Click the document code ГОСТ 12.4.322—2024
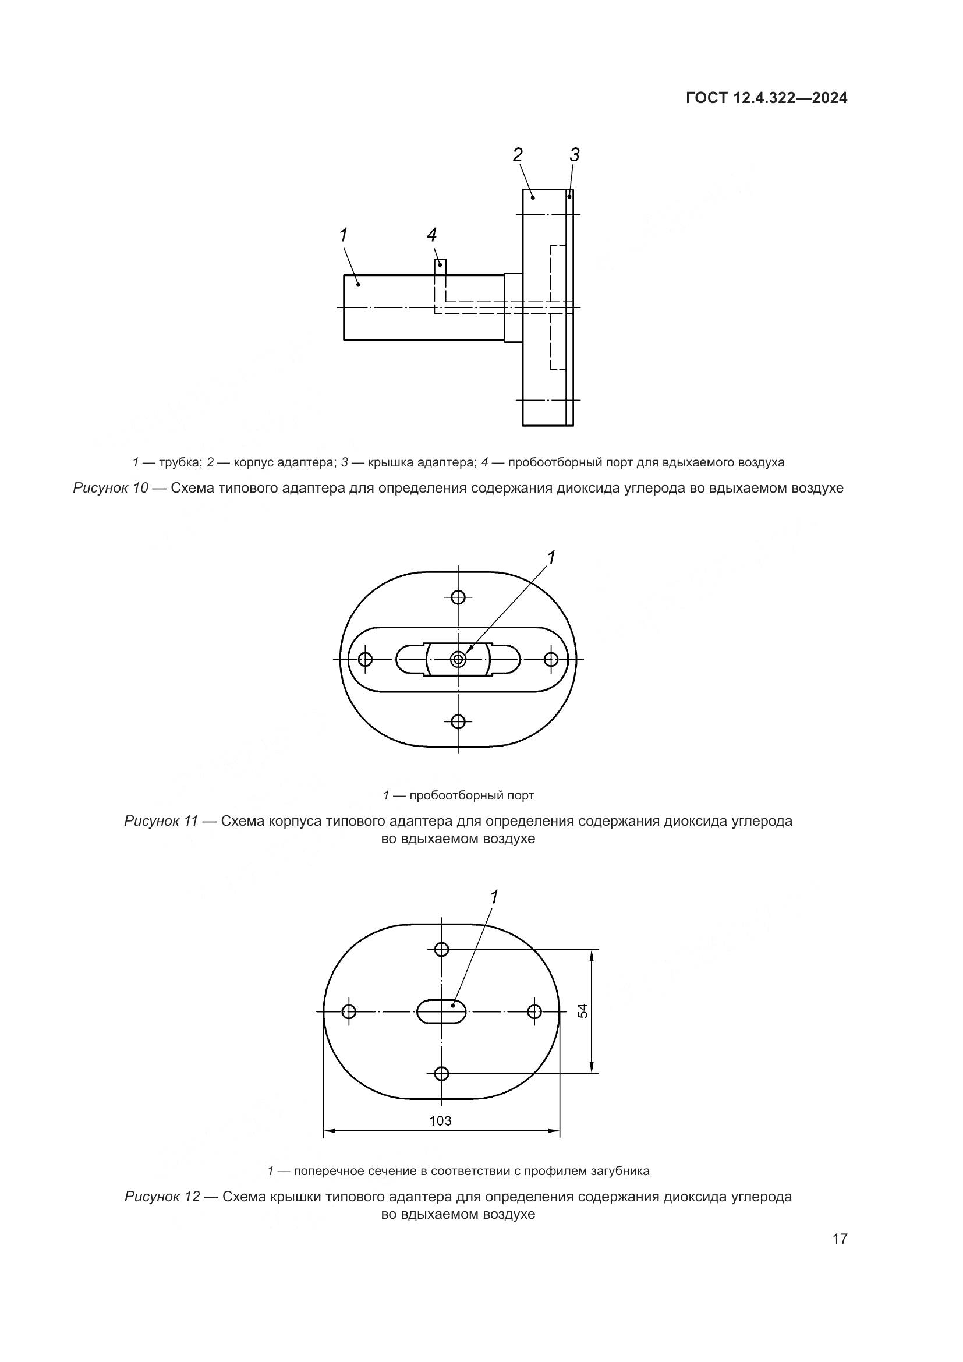click(766, 98)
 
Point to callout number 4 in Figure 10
click(431, 235)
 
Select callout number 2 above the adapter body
click(518, 155)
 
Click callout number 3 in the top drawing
click(574, 155)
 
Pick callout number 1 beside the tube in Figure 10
click(344, 235)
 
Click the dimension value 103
click(440, 1120)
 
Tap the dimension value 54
click(583, 1011)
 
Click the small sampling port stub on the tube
click(440, 266)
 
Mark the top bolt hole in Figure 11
click(458, 597)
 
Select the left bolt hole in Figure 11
click(365, 659)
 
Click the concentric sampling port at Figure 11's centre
click(458, 659)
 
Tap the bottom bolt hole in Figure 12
click(441, 1073)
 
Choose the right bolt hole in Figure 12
click(534, 1011)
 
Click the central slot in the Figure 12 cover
click(442, 1011)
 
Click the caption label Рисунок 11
click(161, 822)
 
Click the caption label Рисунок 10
click(110, 488)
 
